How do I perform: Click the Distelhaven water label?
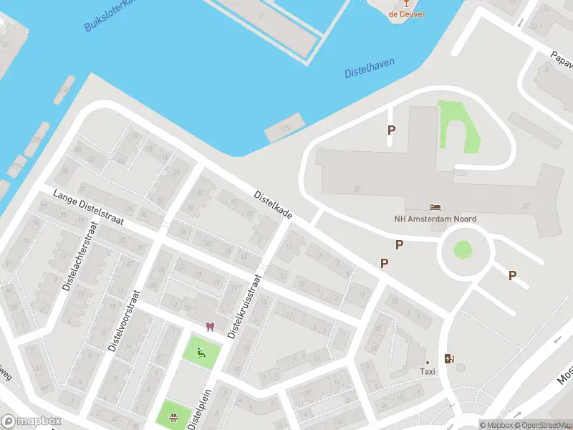(x=369, y=68)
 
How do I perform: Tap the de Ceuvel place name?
(x=403, y=14)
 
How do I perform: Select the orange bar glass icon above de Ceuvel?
(x=403, y=2)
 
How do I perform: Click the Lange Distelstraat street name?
(x=88, y=209)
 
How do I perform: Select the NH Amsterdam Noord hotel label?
(x=435, y=219)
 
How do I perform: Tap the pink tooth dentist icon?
(x=209, y=327)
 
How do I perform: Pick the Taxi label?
(x=428, y=371)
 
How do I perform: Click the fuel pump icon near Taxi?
(x=450, y=359)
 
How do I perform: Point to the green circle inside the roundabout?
(x=463, y=250)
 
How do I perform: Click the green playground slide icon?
(x=201, y=352)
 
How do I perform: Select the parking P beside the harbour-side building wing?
(x=391, y=130)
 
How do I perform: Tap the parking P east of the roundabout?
(x=512, y=275)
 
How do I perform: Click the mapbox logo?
(x=32, y=421)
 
